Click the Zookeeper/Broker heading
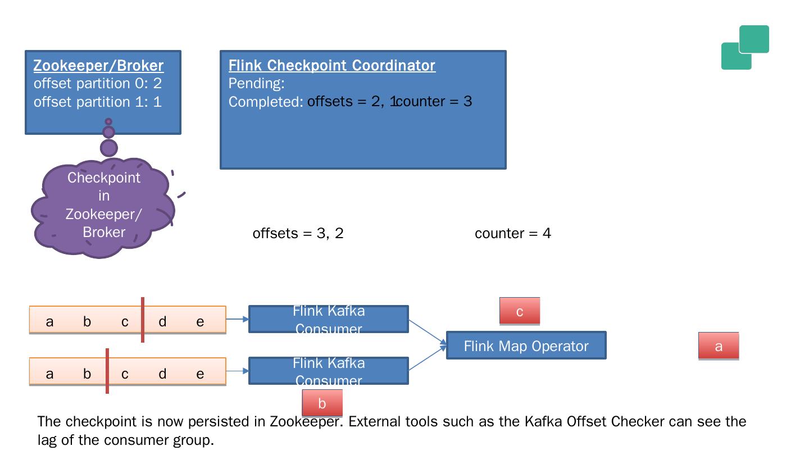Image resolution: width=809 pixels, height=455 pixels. point(98,66)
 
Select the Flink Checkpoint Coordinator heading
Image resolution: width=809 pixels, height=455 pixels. point(331,66)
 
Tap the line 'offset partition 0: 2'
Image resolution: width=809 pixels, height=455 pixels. point(97,84)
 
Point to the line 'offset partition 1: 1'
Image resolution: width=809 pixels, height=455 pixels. point(97,102)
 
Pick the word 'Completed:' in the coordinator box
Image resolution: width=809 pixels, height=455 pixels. point(266,102)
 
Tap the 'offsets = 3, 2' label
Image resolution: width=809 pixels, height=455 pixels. point(298,233)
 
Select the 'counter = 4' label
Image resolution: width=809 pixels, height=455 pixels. point(512,233)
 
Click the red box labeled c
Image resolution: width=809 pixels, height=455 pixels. point(520,311)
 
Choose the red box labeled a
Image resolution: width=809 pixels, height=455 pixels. point(719,346)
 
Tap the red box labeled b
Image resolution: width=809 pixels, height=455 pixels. point(322,403)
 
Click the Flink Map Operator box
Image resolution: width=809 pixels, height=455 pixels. point(526,345)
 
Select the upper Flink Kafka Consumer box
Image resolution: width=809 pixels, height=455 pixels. point(329,319)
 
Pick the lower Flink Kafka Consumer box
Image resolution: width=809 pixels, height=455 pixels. point(329,371)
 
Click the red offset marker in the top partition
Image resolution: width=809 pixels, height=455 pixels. point(143,320)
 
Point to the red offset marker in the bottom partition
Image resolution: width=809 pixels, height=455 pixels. point(107,371)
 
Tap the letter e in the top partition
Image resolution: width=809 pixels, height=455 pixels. point(200,322)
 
